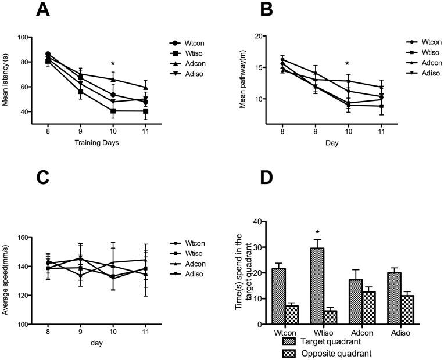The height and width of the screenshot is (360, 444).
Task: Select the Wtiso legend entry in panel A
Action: click(x=192, y=53)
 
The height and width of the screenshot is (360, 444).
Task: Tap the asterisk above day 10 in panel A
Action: click(x=113, y=65)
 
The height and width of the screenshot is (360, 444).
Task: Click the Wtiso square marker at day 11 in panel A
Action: click(x=145, y=111)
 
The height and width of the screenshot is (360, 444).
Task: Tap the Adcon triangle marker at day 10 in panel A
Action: click(x=113, y=80)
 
